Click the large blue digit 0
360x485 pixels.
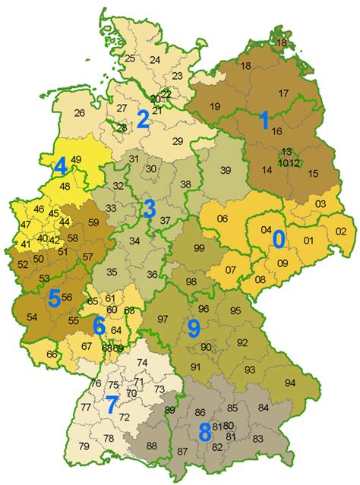point(279,239)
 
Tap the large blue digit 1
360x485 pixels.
point(264,120)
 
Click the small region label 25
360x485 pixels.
point(130,58)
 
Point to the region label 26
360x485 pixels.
point(80,114)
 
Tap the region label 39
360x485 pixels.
point(225,170)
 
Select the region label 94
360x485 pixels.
point(289,382)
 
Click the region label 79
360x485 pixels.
point(83,466)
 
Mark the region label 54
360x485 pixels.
point(32,316)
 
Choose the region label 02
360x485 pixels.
point(340,231)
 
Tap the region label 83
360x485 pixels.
point(257,439)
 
